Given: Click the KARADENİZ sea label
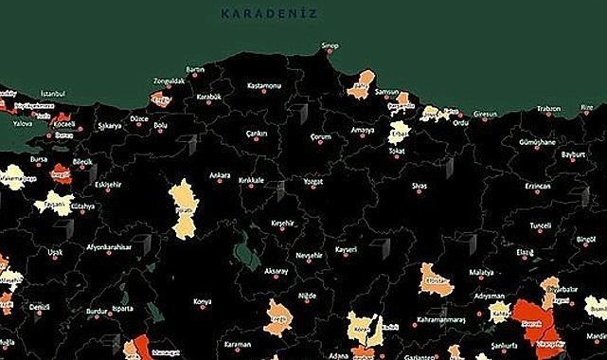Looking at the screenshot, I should pos(269,13).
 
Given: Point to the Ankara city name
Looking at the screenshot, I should pos(220,175).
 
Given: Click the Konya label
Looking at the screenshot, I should pos(203,302).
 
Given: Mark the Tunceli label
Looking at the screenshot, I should pos(540,225).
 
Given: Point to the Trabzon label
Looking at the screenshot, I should pos(549,109).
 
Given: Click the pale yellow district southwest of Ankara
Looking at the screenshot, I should pos(183,207).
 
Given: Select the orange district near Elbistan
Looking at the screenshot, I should pos(437,281).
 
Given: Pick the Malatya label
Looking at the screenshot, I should pos(481,272).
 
